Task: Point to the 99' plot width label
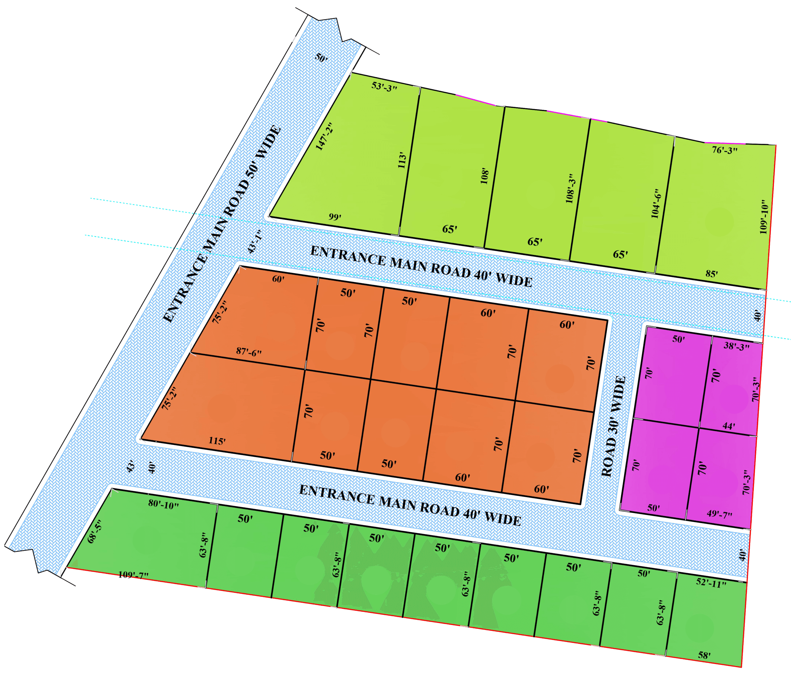point(335,217)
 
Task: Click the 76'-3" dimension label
point(725,150)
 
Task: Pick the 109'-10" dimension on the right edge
point(763,217)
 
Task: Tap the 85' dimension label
point(712,274)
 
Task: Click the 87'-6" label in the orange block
point(249,352)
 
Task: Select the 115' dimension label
point(217,441)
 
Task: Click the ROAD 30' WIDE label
point(613,426)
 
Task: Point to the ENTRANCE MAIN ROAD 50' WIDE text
point(222,225)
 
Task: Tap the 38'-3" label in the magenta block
point(736,347)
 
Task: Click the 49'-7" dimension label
point(720,514)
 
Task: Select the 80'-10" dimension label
point(163,505)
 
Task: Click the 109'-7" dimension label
point(133,575)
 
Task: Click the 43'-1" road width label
point(254,242)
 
